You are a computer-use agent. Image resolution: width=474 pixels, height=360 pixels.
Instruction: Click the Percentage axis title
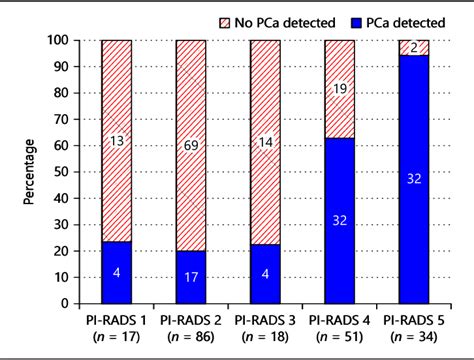tap(31, 171)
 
